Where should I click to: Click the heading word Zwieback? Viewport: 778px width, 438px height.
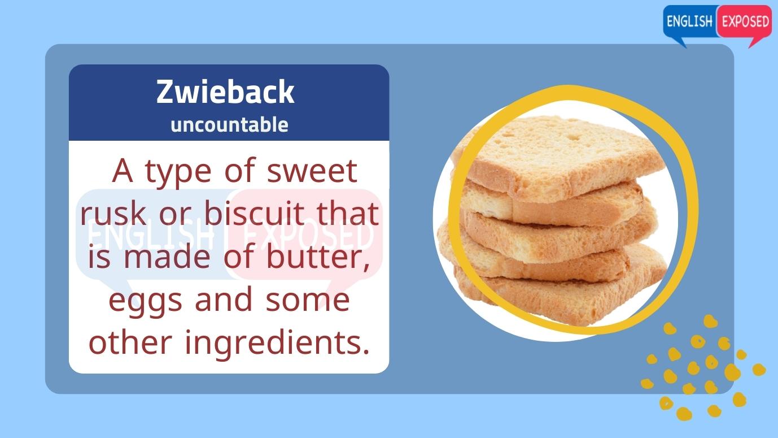point(225,92)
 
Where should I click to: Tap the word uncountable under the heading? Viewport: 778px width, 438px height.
point(229,124)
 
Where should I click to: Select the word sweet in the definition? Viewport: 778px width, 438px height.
point(312,171)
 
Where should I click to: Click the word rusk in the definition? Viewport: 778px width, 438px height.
point(112,213)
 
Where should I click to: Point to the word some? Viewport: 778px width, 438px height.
point(307,300)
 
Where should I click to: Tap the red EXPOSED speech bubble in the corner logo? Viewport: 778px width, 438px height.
point(745,22)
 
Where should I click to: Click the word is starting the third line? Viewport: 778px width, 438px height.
point(99,257)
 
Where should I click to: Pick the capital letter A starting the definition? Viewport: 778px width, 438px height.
point(123,171)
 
